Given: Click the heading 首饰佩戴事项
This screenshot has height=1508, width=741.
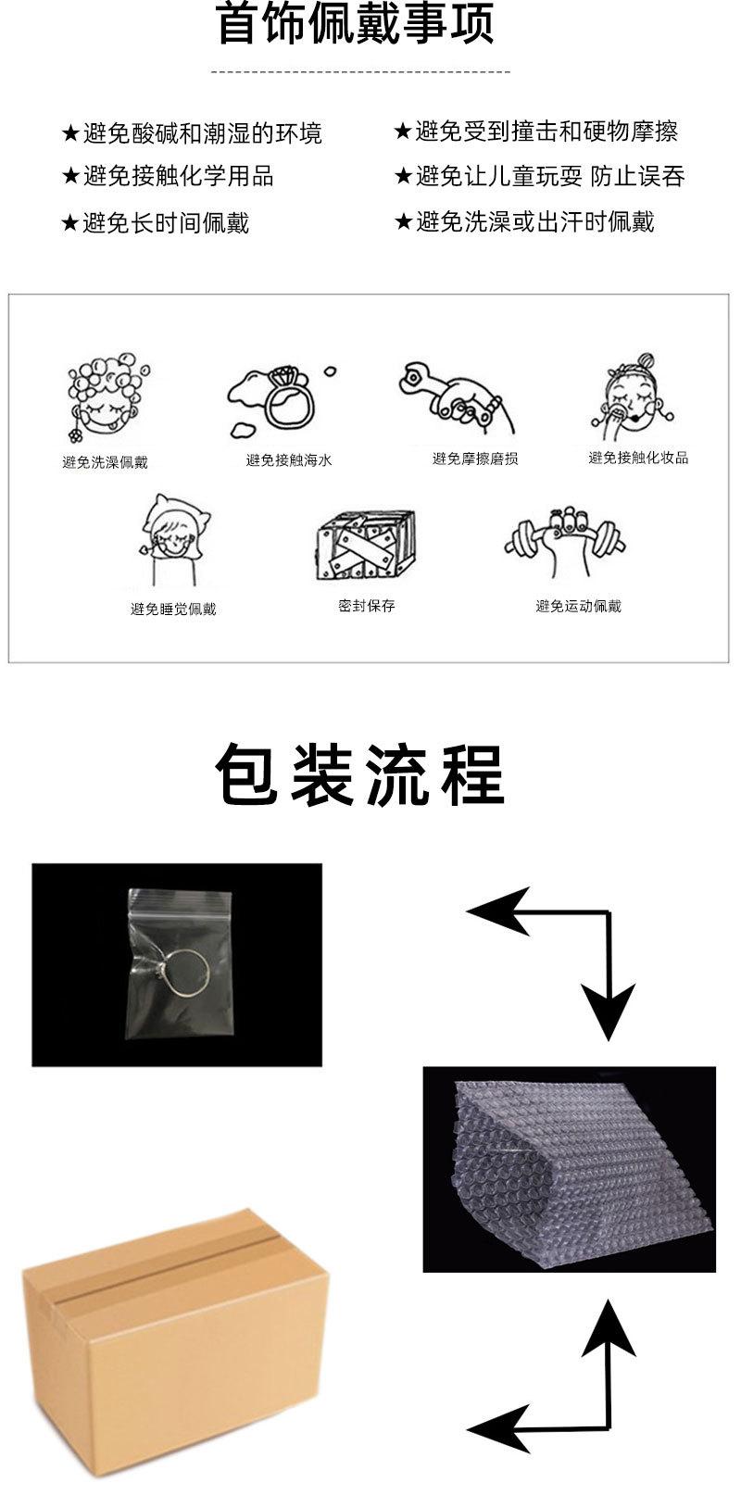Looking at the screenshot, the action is click(x=356, y=26).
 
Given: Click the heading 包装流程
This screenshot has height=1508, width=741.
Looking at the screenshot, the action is click(x=359, y=773).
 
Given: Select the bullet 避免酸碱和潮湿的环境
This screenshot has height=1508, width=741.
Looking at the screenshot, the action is click(x=192, y=133).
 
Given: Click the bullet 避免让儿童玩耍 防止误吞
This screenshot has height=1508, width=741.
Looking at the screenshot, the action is click(x=540, y=176).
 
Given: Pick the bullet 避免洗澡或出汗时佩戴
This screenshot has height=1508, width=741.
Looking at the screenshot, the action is click(x=524, y=221).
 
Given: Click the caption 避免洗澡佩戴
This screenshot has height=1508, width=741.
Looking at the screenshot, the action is click(x=105, y=462).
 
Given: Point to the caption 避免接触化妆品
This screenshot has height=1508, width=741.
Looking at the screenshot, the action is click(x=638, y=458).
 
